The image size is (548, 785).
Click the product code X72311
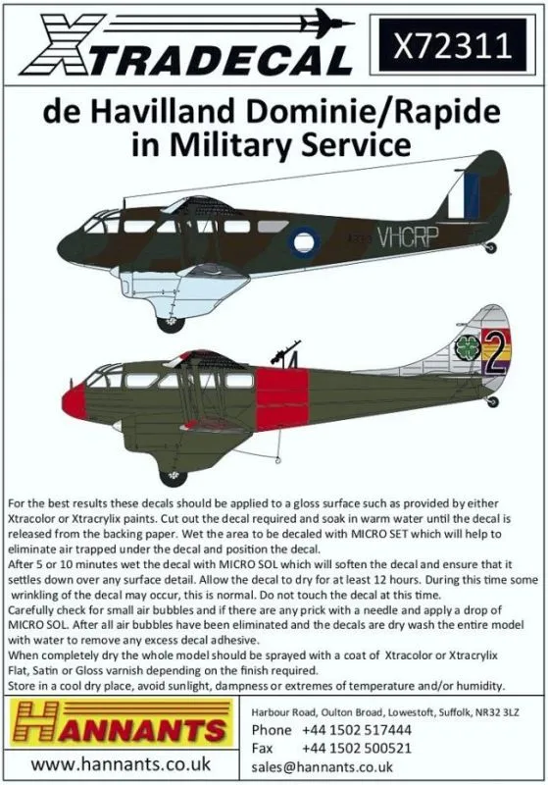click(453, 44)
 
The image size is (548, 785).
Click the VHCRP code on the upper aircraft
click(408, 236)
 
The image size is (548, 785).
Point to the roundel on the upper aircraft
click(304, 242)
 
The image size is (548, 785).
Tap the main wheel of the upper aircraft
click(171, 323)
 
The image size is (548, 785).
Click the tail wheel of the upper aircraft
click(490, 247)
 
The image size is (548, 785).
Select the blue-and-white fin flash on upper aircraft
click(464, 192)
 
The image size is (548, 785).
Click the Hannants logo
click(122, 723)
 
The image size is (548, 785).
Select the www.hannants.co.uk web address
click(121, 764)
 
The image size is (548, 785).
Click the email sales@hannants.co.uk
click(322, 767)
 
